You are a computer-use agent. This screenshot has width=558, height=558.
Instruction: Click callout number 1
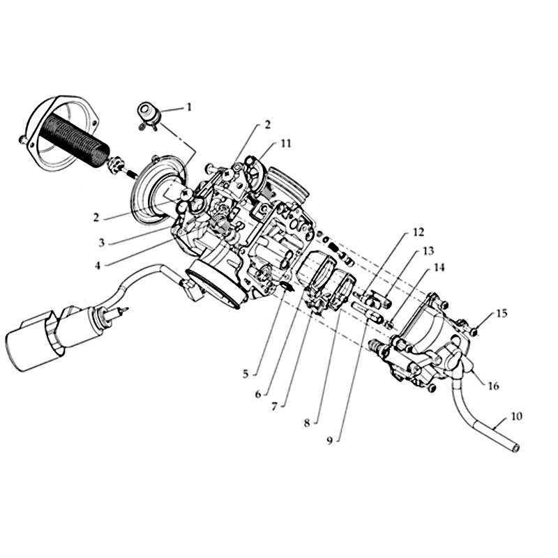click(x=189, y=107)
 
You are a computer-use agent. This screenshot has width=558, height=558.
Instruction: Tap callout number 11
click(x=286, y=144)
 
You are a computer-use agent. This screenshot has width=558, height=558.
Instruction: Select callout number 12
click(x=418, y=232)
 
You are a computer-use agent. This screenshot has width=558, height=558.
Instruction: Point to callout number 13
click(x=428, y=251)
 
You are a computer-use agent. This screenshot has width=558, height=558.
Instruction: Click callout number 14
click(x=439, y=267)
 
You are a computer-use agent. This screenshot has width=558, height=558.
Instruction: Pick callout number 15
click(x=502, y=313)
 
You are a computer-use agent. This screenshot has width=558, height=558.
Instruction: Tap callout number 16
click(x=493, y=386)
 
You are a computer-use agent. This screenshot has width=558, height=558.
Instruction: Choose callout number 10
click(x=516, y=416)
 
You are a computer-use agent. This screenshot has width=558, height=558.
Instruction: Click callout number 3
click(x=101, y=243)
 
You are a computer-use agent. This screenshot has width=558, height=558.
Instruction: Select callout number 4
click(x=98, y=266)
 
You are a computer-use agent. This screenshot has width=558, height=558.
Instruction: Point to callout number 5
click(x=246, y=374)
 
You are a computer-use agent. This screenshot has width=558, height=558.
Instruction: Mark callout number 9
click(x=329, y=441)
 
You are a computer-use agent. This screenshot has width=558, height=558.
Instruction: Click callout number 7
click(x=274, y=407)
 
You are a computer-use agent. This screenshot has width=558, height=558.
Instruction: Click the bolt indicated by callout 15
click(x=474, y=332)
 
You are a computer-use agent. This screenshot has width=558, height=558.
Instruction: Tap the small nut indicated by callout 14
click(x=389, y=324)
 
